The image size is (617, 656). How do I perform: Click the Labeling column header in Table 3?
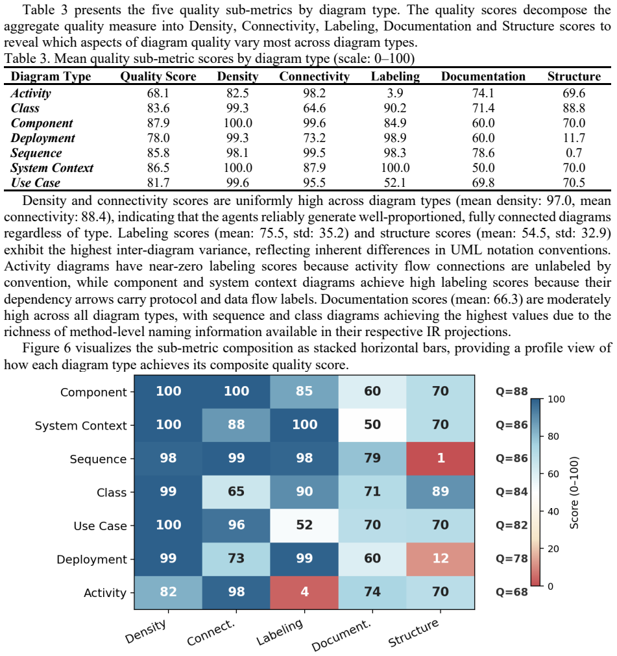click(x=395, y=77)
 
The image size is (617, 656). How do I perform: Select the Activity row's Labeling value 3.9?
click(x=395, y=93)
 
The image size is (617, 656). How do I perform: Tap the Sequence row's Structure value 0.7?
click(x=574, y=152)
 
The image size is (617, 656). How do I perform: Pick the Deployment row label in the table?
click(x=43, y=138)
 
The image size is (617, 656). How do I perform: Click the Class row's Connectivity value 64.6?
click(x=314, y=108)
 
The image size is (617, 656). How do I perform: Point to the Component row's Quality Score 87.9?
click(x=158, y=123)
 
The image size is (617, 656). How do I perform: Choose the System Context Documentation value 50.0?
click(x=483, y=168)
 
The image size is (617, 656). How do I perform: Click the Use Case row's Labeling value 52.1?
click(x=395, y=183)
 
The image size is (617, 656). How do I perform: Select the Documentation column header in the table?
click(x=483, y=77)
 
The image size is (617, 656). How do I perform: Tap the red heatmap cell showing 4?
click(x=304, y=592)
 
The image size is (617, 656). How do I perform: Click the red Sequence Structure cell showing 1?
click(x=441, y=458)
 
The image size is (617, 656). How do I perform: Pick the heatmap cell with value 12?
click(x=441, y=559)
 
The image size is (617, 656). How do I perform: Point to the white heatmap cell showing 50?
click(x=372, y=424)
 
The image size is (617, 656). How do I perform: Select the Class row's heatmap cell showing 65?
click(x=236, y=492)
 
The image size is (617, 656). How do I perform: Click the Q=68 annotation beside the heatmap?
click(x=512, y=592)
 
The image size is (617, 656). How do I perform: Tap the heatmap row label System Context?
click(x=80, y=426)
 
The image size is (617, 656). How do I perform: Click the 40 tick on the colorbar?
click(x=553, y=511)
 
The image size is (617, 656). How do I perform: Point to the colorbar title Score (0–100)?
click(x=574, y=492)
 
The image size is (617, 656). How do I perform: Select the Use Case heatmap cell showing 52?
click(x=304, y=525)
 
